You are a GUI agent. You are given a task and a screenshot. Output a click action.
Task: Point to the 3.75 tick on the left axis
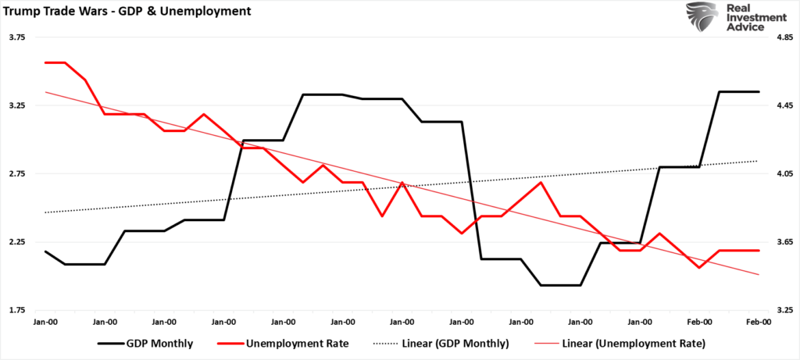(17, 37)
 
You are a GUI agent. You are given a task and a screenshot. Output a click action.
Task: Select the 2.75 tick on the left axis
(17, 174)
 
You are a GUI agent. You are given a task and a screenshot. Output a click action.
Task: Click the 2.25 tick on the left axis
(17, 242)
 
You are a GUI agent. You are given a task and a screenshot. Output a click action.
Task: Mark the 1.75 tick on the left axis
(17, 310)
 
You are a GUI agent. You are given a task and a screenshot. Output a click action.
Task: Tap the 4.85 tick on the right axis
(783, 37)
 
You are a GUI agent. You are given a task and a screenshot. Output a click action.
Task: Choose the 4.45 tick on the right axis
(783, 105)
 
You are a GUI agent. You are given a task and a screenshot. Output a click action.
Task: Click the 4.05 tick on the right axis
(783, 174)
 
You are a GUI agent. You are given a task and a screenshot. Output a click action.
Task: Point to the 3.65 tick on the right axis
(783, 242)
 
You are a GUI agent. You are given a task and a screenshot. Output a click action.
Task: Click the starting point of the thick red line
(45, 62)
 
